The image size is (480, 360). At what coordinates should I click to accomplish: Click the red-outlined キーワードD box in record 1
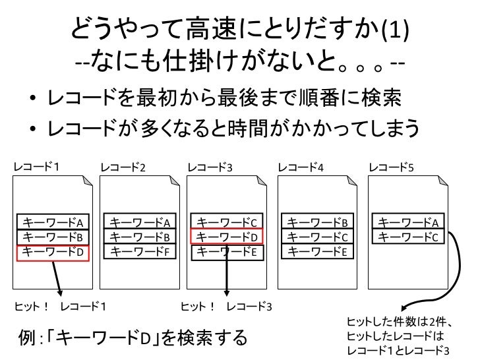click(52, 251)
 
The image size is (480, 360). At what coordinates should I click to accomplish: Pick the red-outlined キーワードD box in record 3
click(227, 237)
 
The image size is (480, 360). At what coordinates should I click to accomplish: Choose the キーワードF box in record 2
click(140, 251)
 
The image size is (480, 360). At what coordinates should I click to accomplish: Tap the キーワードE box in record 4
click(318, 251)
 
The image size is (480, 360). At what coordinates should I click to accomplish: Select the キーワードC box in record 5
click(409, 237)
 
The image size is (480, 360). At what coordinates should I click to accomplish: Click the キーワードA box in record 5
click(409, 222)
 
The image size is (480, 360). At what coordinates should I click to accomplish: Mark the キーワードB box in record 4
click(318, 222)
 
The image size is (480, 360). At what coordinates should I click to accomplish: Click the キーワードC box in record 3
click(227, 222)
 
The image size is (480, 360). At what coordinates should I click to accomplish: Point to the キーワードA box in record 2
click(140, 222)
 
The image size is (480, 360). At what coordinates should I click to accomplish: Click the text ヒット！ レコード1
click(60, 307)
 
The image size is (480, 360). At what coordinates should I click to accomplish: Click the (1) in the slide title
click(395, 30)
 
